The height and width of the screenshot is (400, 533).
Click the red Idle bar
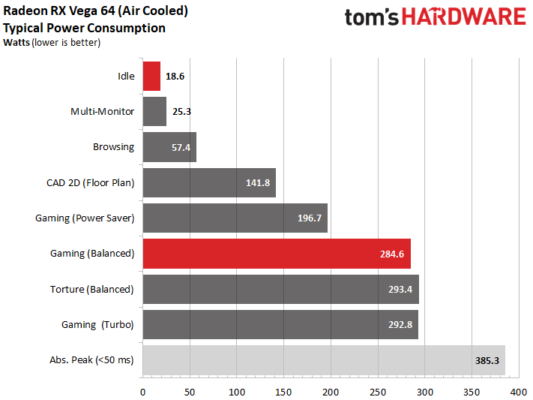(151, 76)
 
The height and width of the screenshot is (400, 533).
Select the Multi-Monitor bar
(154, 112)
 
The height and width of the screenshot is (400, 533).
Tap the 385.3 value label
(487, 360)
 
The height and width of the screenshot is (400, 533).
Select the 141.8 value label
(259, 183)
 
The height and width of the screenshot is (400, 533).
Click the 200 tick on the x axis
(331, 391)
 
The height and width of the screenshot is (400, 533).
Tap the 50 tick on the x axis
(190, 391)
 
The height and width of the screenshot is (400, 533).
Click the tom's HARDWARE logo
(435, 17)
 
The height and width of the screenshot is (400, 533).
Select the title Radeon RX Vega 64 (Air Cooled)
(96, 12)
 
